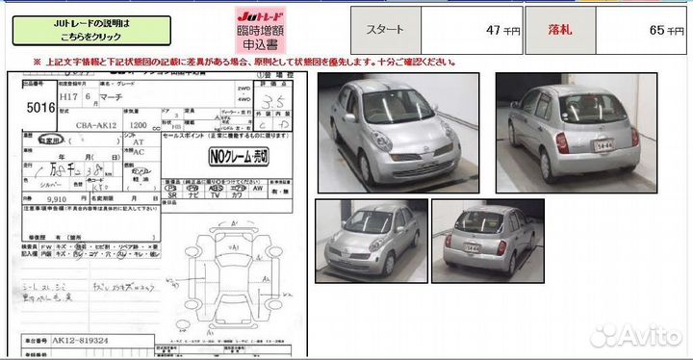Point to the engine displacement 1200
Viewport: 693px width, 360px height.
[x=136, y=124]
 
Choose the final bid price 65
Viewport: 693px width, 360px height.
[x=656, y=30]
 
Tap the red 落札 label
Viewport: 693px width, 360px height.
[x=559, y=30]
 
